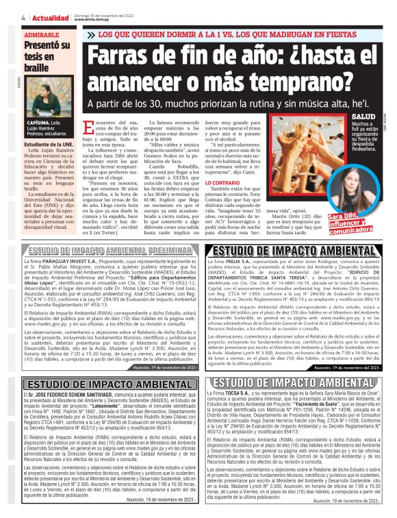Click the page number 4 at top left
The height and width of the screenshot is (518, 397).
[5, 17]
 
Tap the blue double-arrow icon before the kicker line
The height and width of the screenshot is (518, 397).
[92, 35]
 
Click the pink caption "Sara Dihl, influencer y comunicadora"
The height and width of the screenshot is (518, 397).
[360, 223]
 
